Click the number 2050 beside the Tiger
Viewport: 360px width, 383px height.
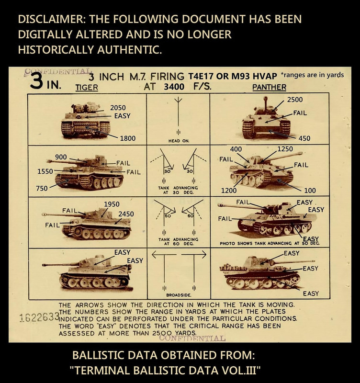coord(118,108)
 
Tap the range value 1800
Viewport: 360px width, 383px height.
coord(128,138)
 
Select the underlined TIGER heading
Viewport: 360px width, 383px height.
coord(87,88)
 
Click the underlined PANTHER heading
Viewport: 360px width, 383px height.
coord(269,87)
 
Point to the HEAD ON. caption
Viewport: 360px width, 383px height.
coord(179,141)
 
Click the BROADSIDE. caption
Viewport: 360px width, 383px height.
coord(179,295)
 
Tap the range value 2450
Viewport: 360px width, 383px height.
coord(126,214)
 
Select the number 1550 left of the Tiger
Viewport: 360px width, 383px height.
coord(45,171)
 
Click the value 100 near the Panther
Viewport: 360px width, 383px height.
coord(310,191)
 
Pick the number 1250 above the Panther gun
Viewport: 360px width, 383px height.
coord(285,149)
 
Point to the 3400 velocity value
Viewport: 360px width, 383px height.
coord(174,87)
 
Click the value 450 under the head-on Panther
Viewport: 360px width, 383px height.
coord(304,138)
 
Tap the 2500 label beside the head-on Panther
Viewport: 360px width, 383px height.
coord(295,100)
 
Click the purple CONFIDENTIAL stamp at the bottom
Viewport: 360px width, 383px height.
coord(192,338)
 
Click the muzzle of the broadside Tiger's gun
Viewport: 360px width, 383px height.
coord(44,265)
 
